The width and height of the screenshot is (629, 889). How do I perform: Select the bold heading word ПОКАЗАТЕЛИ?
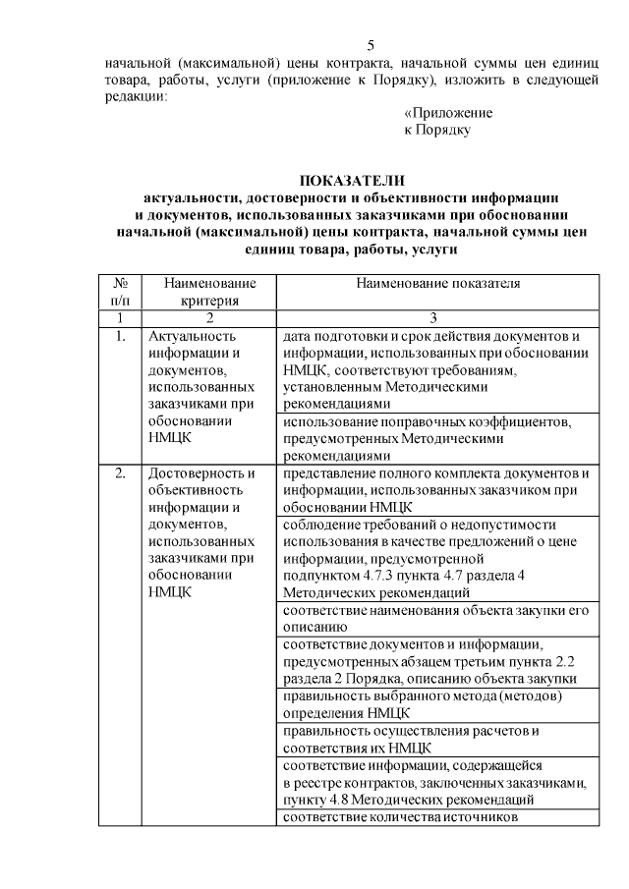point(351,180)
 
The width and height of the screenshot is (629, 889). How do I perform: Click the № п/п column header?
point(120,292)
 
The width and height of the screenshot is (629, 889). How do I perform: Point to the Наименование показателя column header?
point(437,284)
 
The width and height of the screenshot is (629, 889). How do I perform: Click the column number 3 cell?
point(437,318)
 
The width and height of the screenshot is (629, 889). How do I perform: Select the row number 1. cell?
point(120,337)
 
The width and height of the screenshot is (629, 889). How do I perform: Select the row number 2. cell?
point(120,473)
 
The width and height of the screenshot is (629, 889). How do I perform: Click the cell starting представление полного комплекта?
point(436,490)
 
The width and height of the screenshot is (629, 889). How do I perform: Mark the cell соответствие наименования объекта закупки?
point(436,618)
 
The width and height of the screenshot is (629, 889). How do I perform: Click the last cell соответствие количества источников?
point(399,817)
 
